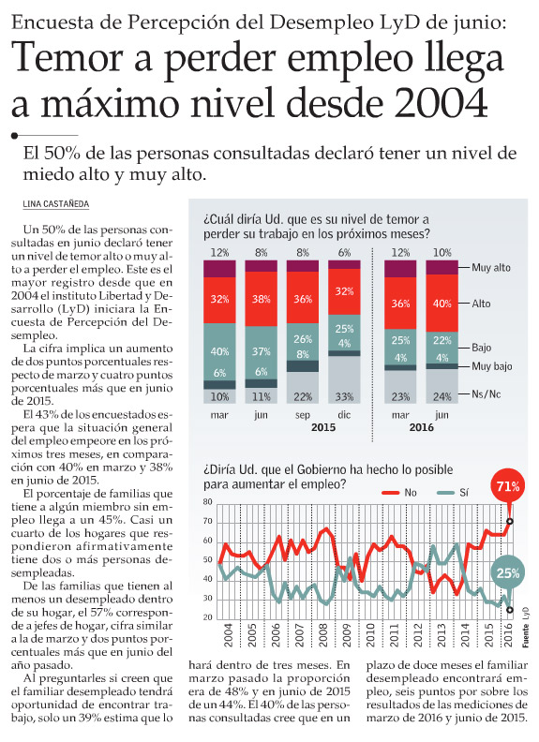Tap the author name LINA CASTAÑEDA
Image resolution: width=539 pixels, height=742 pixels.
point(56,204)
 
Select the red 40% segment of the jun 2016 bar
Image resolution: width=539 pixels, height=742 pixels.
point(442,303)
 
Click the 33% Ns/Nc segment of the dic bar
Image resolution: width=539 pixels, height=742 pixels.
point(344,379)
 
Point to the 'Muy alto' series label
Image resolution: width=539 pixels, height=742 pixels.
point(491,267)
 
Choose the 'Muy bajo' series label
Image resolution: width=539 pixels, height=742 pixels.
point(491,366)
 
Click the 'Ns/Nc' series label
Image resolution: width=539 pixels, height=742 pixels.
point(486,393)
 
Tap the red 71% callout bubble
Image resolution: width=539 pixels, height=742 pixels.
point(508,486)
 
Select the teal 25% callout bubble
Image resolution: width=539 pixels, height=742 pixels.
point(508,573)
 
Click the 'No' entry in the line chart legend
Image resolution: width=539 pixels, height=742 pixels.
point(399,492)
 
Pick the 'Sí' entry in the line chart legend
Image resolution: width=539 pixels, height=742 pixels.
point(453,492)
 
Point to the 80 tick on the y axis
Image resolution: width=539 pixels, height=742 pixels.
point(208,501)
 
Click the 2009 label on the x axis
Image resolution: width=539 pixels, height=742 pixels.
point(347,635)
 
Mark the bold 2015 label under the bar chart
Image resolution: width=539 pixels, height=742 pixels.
point(323,427)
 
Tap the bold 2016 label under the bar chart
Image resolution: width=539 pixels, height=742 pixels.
point(421,427)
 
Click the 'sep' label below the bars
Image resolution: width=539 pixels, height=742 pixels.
point(303,415)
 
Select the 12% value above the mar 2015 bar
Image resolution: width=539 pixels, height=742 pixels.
point(219,253)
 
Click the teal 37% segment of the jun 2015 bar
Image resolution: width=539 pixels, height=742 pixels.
point(261,352)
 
